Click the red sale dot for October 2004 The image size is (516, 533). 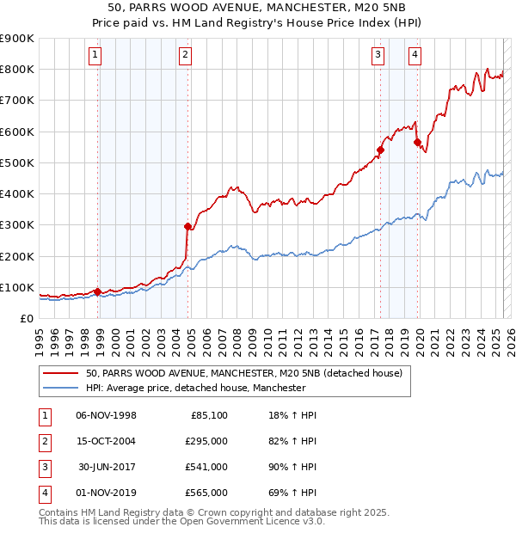point(188,226)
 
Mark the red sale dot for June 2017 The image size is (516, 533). point(380,150)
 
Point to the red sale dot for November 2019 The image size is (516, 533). point(416,143)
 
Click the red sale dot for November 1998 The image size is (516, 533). point(97,291)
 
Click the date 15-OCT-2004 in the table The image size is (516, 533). point(106,441)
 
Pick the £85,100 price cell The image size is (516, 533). point(209,415)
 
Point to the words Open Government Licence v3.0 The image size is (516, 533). point(257,521)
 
